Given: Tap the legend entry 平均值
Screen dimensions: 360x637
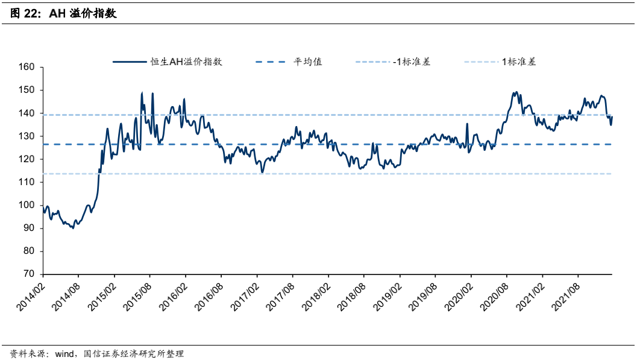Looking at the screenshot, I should pos(307,62).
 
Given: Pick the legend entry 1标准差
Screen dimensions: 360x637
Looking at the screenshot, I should pos(518,62).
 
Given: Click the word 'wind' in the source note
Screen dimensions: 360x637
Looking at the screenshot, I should pos(64,353).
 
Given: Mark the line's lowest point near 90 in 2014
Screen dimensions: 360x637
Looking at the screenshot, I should pos(73,228).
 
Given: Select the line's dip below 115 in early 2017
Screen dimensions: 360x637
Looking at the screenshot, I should pos(262,172).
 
